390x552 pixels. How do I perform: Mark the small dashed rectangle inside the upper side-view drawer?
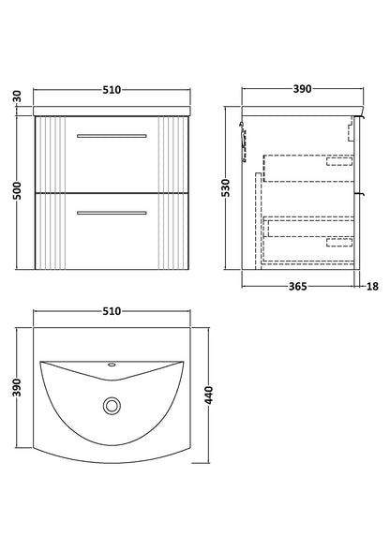338,160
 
